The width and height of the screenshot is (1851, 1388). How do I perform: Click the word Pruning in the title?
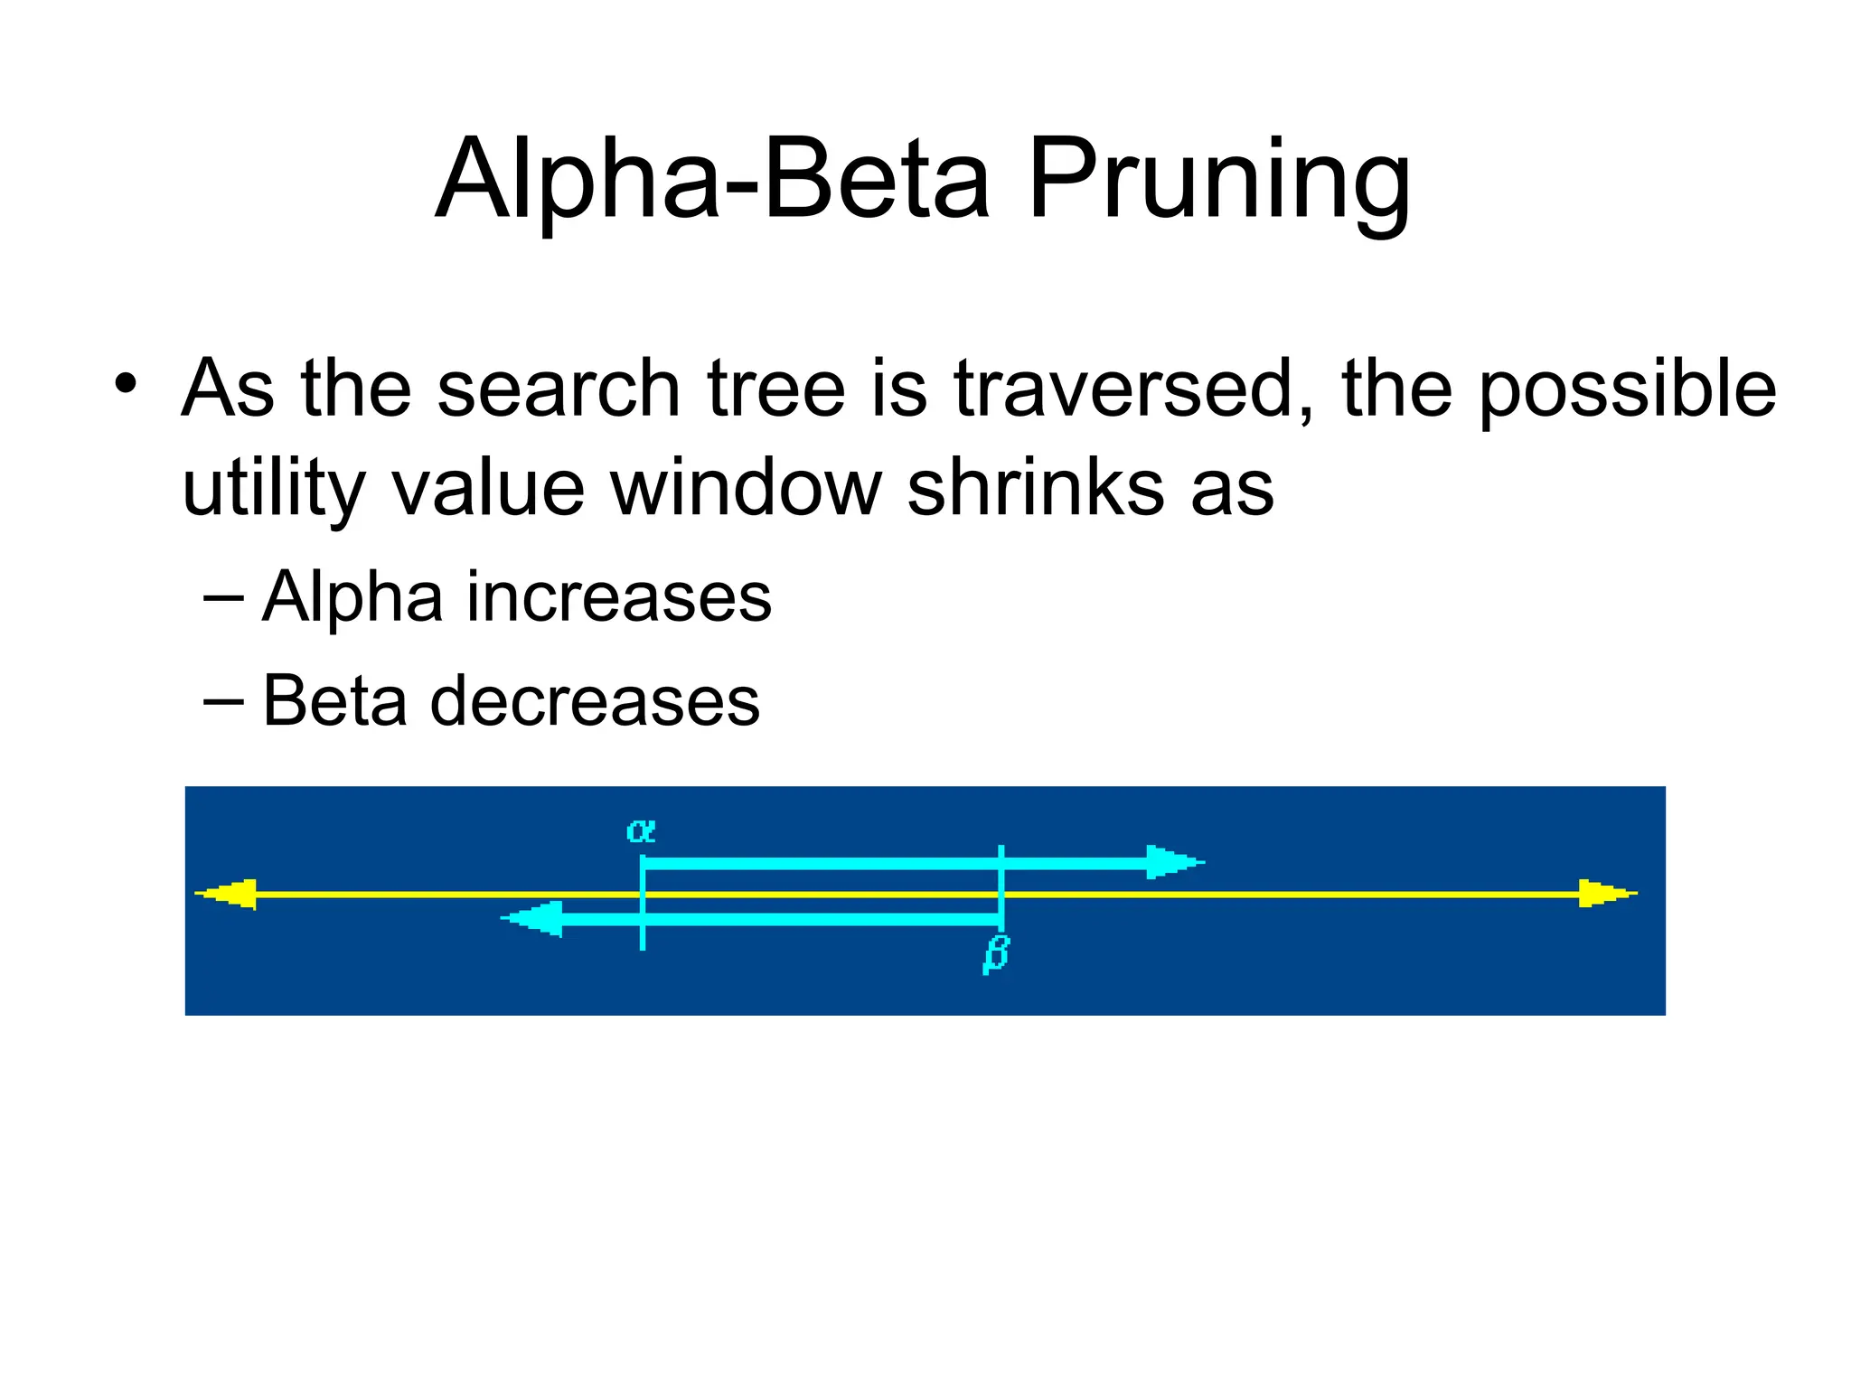pos(1218,181)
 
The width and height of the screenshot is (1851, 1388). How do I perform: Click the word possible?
pos(1627,390)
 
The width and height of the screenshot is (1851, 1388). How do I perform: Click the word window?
pos(745,488)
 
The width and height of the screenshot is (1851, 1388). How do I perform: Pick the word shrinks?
pos(1036,488)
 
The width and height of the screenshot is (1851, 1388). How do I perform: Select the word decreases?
pos(595,701)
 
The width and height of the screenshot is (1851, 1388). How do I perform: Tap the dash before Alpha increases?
pos(223,597)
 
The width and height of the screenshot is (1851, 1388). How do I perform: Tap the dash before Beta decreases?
pos(223,701)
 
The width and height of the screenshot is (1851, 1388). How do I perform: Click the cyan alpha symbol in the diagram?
pos(641,830)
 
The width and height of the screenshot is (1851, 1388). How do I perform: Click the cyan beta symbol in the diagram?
pos(995,954)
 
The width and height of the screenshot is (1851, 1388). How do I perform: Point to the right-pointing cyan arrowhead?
pos(1172,862)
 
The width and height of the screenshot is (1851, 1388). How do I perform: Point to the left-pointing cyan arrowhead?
pos(534,919)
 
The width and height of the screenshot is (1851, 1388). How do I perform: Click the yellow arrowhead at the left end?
pos(229,895)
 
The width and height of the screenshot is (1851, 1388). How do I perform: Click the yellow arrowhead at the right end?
pos(1605,894)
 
